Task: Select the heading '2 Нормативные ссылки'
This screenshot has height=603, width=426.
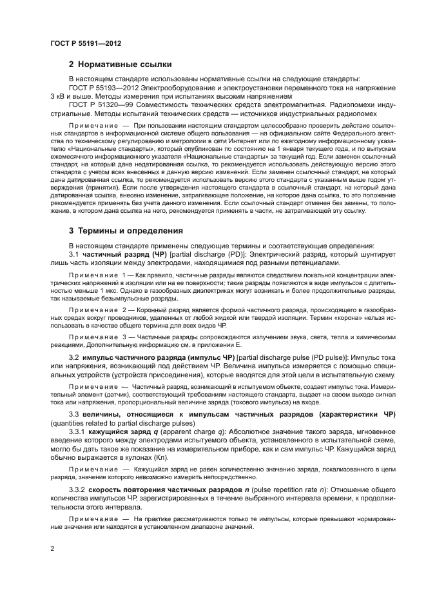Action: pos(120,64)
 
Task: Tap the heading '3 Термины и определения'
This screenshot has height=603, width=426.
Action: pos(126,230)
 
